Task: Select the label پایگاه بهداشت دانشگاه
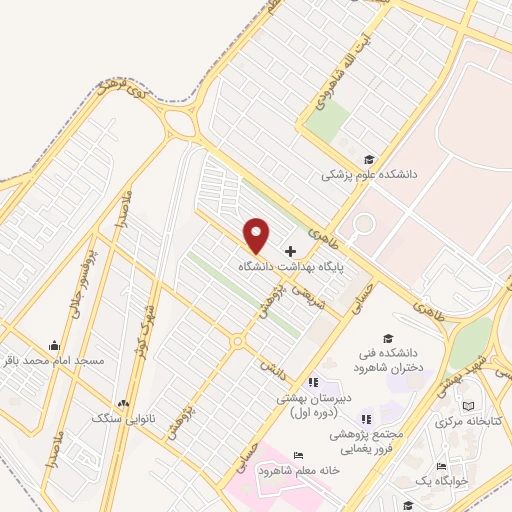pos(286,268)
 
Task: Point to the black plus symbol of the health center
pos(291,250)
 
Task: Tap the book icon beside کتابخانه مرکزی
pos(469,406)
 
